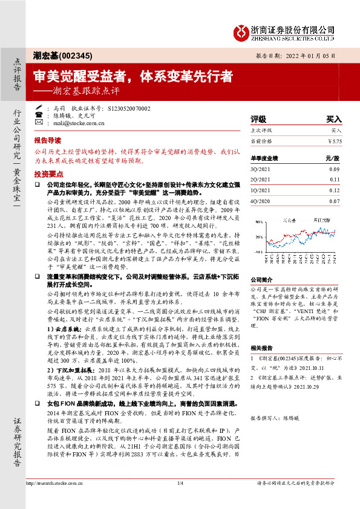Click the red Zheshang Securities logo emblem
(242, 31)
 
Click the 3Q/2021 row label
(261, 169)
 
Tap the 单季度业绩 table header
(264, 158)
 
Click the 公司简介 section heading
(263, 280)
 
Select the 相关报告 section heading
(263, 349)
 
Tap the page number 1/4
(180, 500)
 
